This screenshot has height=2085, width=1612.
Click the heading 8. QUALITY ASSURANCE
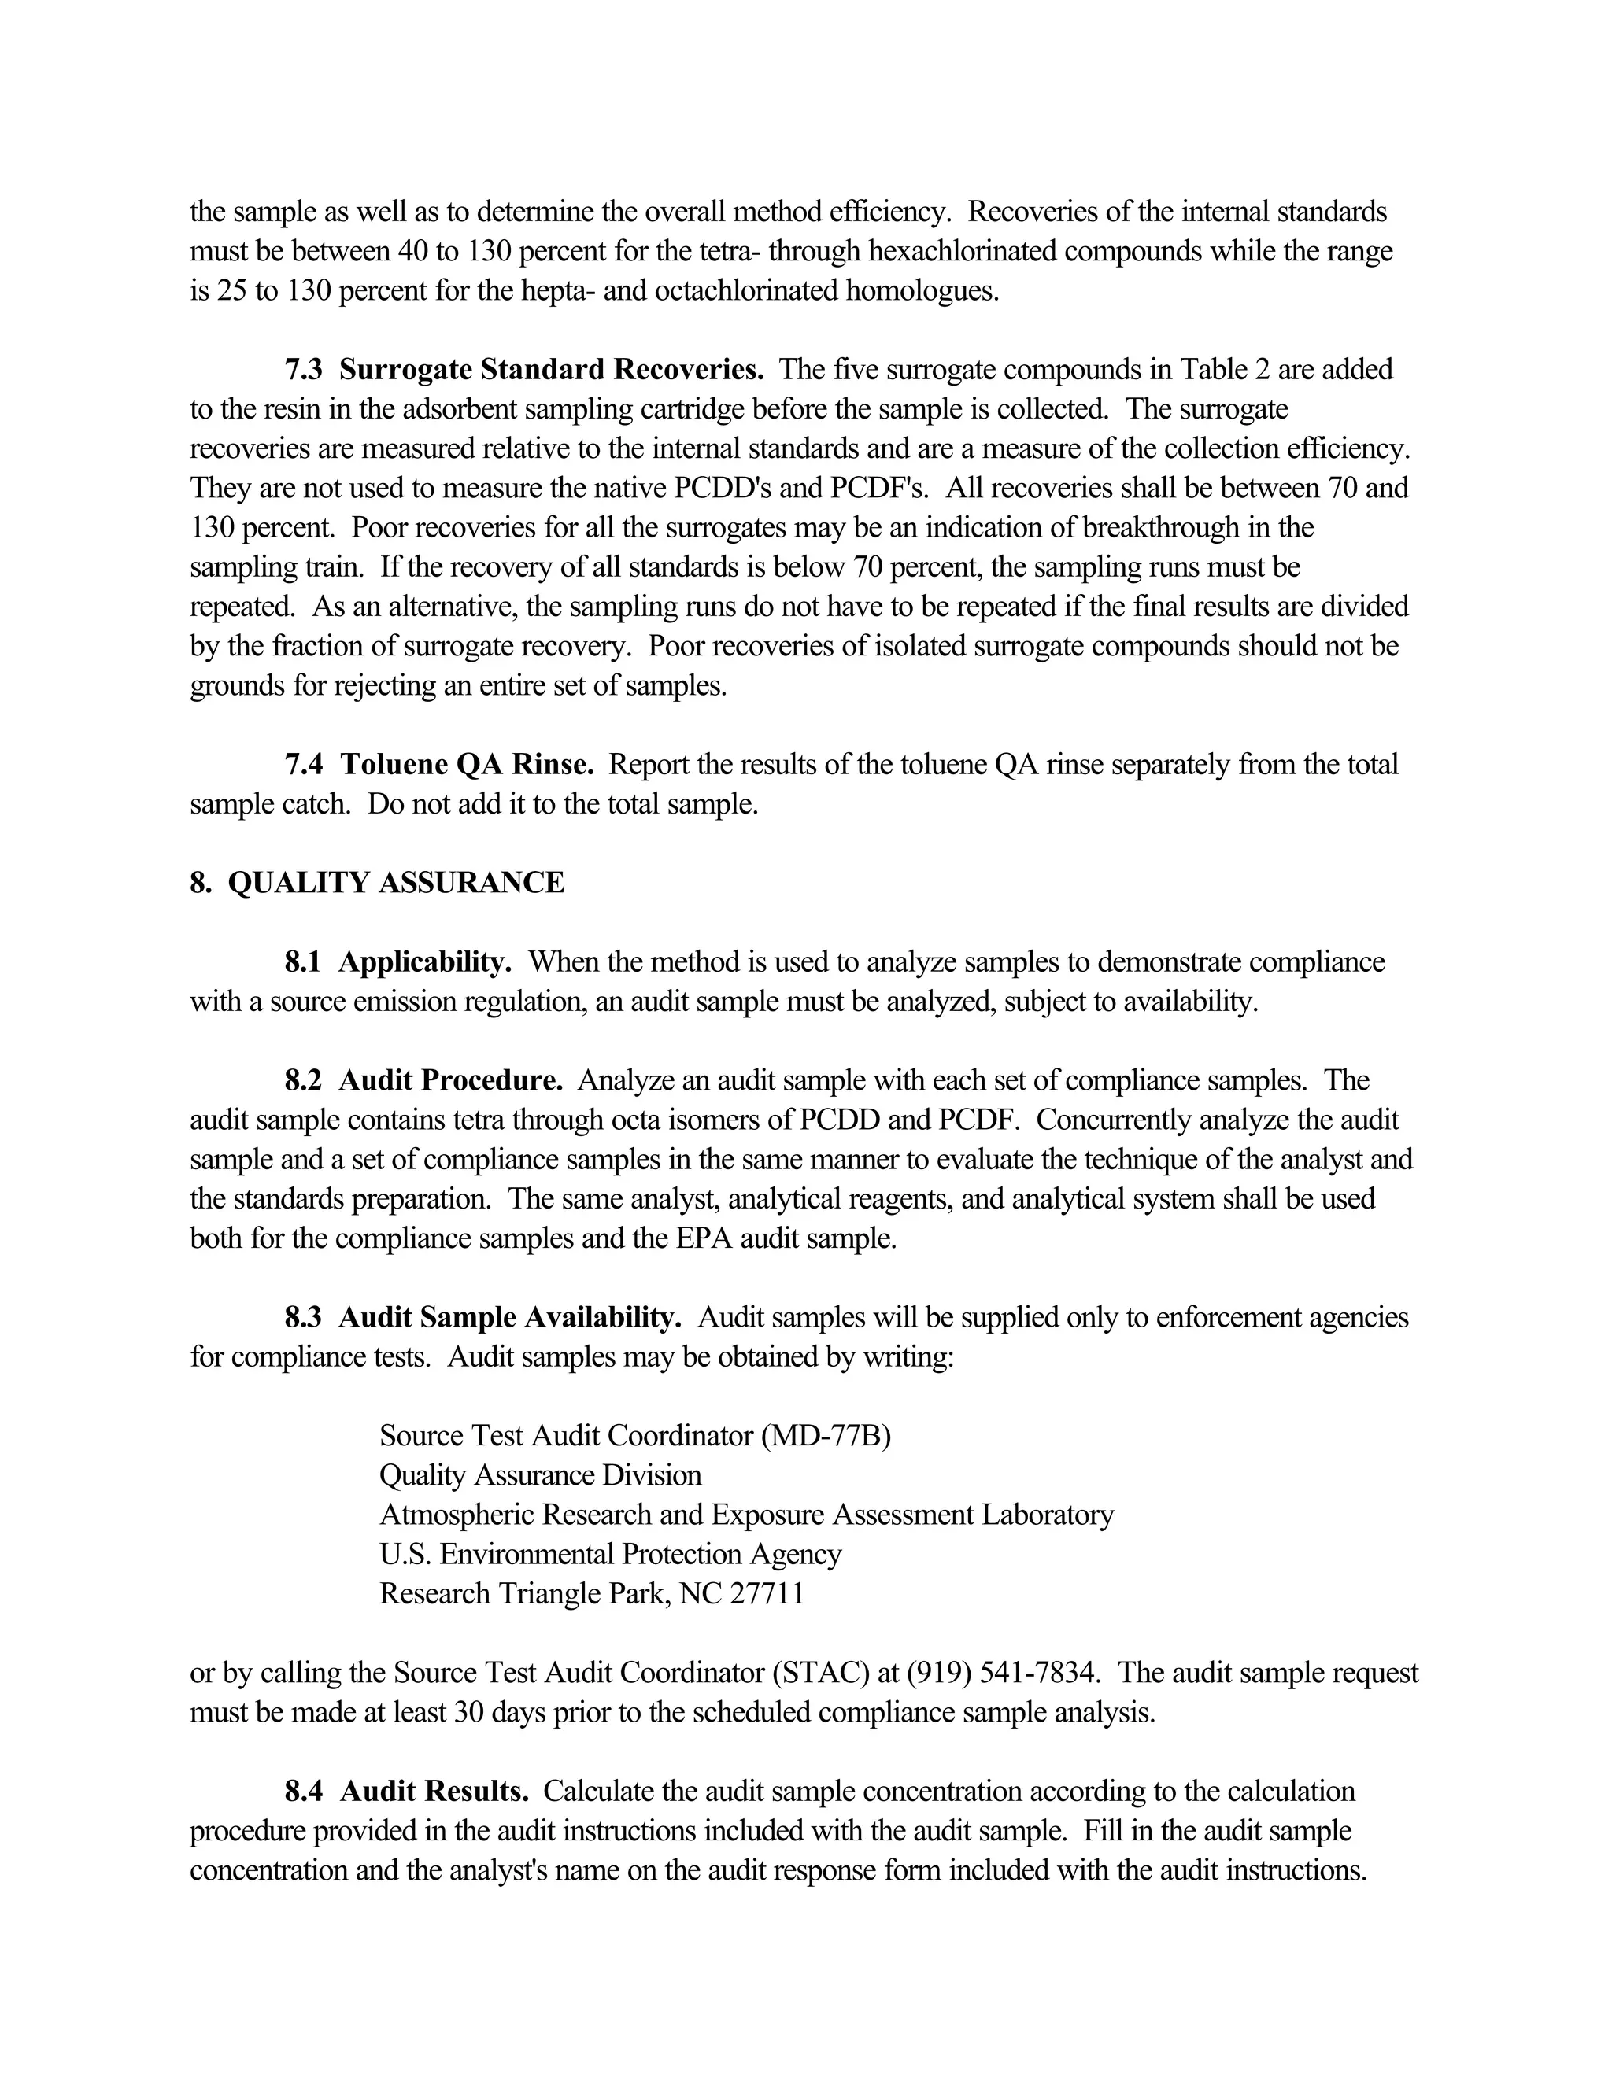click(x=377, y=882)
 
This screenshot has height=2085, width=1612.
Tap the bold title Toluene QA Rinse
click(x=467, y=764)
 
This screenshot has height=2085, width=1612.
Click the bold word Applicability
click(x=425, y=961)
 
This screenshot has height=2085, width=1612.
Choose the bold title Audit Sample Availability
click(x=510, y=1317)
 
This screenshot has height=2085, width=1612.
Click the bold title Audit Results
click(x=434, y=1791)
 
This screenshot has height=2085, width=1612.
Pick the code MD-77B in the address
click(x=826, y=1436)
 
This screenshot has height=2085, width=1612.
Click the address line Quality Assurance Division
click(x=541, y=1475)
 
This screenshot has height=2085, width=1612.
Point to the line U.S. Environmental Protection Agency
click(x=610, y=1554)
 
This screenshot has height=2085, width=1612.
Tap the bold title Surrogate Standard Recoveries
click(x=551, y=370)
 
